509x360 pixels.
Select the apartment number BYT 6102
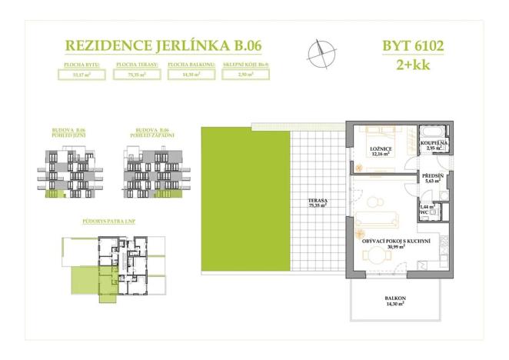click(413, 46)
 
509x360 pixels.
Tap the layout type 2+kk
click(413, 65)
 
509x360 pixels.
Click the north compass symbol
click(321, 52)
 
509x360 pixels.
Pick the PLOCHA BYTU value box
click(81, 75)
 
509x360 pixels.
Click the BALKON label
click(396, 302)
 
